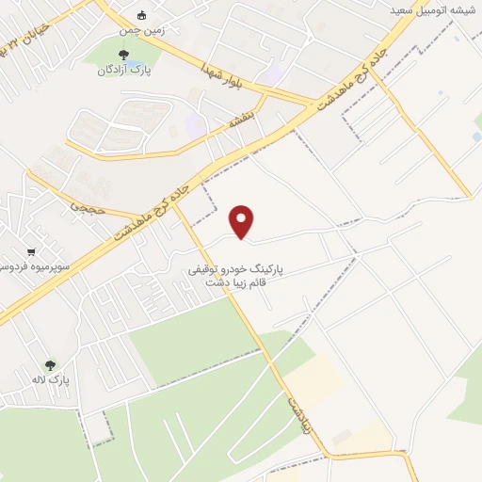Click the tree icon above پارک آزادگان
pos(123,54)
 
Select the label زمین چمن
pos(143,29)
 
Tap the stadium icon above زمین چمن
pos(142,14)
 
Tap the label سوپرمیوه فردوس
pos(28,267)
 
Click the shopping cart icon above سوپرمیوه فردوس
pos(31,252)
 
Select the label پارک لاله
pos(58,379)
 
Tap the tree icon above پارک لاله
pos(50,364)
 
